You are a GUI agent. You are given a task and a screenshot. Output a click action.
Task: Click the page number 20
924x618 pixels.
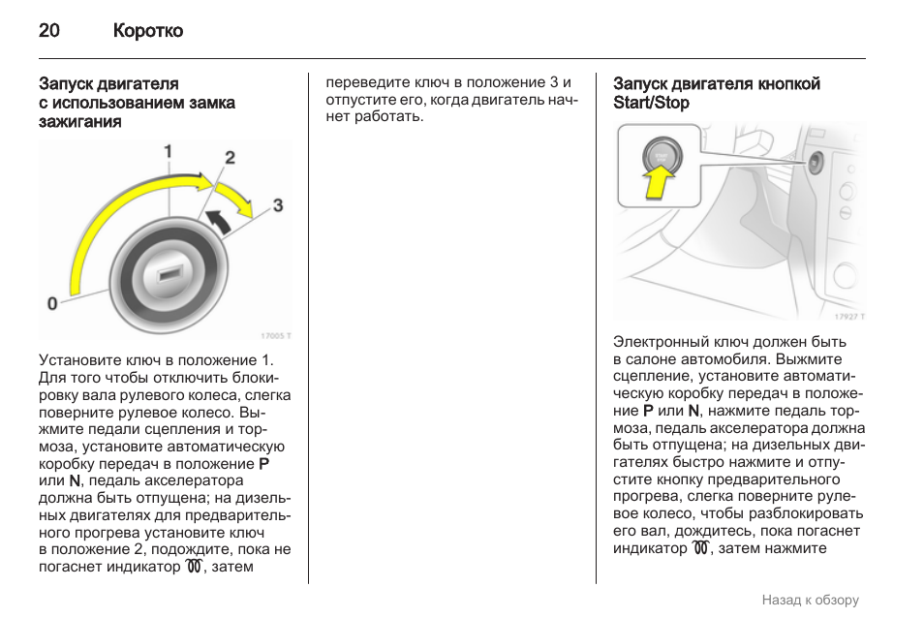click(x=49, y=31)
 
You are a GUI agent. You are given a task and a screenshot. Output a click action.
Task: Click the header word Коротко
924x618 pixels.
click(x=147, y=31)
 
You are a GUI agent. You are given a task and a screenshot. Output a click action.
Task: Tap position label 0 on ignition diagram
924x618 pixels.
click(x=52, y=303)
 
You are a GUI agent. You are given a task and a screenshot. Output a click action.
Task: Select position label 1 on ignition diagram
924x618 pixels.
click(x=168, y=151)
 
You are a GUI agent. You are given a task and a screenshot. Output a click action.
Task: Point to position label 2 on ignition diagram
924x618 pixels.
click(x=230, y=158)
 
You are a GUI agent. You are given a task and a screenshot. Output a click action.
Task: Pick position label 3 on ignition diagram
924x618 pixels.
click(x=278, y=205)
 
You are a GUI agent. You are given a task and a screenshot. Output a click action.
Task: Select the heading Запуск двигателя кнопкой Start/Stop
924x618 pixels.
click(x=717, y=93)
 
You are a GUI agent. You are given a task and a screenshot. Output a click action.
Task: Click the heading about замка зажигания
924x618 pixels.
click(x=137, y=103)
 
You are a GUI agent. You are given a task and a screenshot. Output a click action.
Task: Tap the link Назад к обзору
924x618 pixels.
click(x=810, y=600)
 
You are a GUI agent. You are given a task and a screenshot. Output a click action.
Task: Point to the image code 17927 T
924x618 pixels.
click(x=849, y=316)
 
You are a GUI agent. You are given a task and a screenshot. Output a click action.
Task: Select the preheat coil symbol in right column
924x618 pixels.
click(x=703, y=548)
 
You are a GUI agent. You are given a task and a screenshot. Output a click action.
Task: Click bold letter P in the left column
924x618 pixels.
click(x=263, y=463)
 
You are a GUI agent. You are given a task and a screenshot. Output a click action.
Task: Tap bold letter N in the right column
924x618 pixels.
click(x=693, y=410)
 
